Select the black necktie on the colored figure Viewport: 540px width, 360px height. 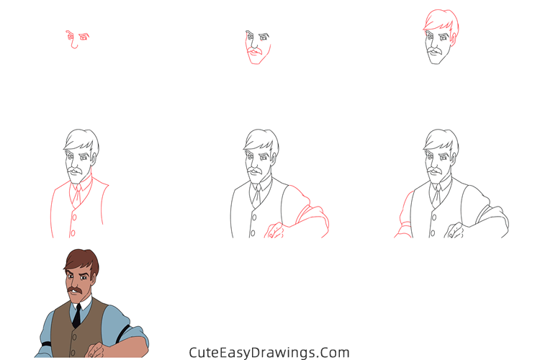[x=76, y=315]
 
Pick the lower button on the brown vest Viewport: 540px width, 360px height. [x=73, y=351]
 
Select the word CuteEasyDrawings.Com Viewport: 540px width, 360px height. [x=269, y=353]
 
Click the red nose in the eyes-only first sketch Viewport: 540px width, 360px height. [x=73, y=45]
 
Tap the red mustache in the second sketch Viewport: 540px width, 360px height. [x=253, y=53]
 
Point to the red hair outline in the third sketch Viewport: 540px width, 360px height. [x=439, y=22]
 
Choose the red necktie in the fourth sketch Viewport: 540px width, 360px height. [x=75, y=193]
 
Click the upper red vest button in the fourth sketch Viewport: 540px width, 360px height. [x=73, y=214]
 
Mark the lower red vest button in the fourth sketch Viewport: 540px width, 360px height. [x=73, y=233]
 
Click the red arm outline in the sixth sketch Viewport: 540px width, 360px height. [x=401, y=216]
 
